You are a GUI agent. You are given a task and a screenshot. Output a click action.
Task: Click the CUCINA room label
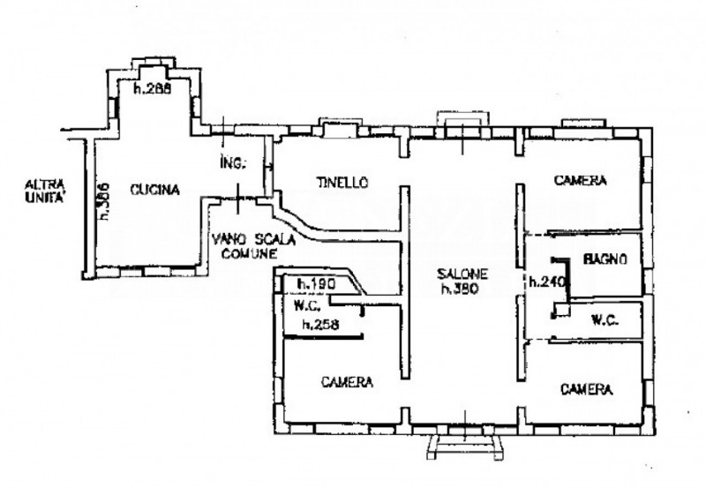[154, 189]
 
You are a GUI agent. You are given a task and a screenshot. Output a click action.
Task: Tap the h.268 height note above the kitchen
[151, 88]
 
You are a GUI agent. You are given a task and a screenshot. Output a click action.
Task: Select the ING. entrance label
[235, 163]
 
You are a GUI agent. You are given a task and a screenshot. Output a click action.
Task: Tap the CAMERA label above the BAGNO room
[581, 181]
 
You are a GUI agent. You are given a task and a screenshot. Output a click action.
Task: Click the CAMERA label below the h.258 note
[347, 382]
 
